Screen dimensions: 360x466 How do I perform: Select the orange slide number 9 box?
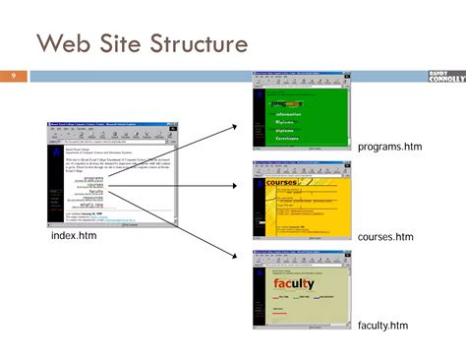pyautogui.click(x=15, y=76)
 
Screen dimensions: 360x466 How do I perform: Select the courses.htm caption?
pyautogui.click(x=385, y=237)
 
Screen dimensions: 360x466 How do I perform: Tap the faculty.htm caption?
pyautogui.click(x=382, y=325)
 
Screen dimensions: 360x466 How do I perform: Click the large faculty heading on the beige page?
pyautogui.click(x=294, y=284)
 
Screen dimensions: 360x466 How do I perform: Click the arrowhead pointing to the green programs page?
pyautogui.click(x=234, y=127)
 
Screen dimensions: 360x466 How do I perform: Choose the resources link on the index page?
pyautogui.click(x=94, y=198)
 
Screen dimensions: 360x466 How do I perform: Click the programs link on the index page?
pyautogui.click(x=94, y=178)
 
